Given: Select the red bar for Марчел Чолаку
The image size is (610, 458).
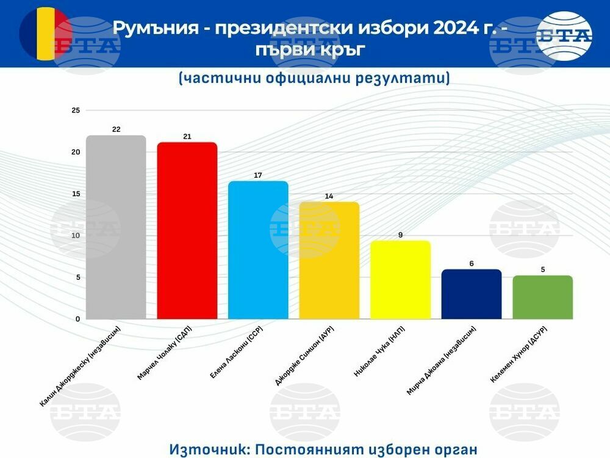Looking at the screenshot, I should pyautogui.click(x=187, y=231).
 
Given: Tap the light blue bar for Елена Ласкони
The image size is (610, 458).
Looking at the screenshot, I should pyautogui.click(x=258, y=250).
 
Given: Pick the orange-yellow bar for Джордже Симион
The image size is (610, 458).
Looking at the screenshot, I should pyautogui.click(x=329, y=261).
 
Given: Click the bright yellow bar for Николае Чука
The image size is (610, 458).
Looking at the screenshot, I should pyautogui.click(x=400, y=280).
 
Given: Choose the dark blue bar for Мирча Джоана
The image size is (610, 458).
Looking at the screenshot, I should pyautogui.click(x=472, y=294).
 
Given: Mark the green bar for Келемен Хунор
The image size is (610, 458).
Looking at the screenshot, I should pyautogui.click(x=542, y=297).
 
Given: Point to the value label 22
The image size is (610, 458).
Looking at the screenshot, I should pyautogui.click(x=116, y=129).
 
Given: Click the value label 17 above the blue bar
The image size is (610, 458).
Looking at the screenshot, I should pyautogui.click(x=258, y=175).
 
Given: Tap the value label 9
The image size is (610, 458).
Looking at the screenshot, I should pyautogui.click(x=400, y=234).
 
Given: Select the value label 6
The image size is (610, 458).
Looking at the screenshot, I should pyautogui.click(x=472, y=263).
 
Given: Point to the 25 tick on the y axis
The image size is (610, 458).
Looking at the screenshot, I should pyautogui.click(x=76, y=111).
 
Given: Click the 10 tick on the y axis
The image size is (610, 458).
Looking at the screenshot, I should pyautogui.click(x=76, y=236).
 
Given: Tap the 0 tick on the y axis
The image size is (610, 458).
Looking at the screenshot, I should pyautogui.click(x=77, y=319).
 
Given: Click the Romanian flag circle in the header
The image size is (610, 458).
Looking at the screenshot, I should pyautogui.click(x=45, y=33).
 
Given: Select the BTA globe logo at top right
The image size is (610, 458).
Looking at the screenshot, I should pyautogui.click(x=564, y=35).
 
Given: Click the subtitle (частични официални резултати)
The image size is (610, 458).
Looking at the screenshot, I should pyautogui.click(x=314, y=78).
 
